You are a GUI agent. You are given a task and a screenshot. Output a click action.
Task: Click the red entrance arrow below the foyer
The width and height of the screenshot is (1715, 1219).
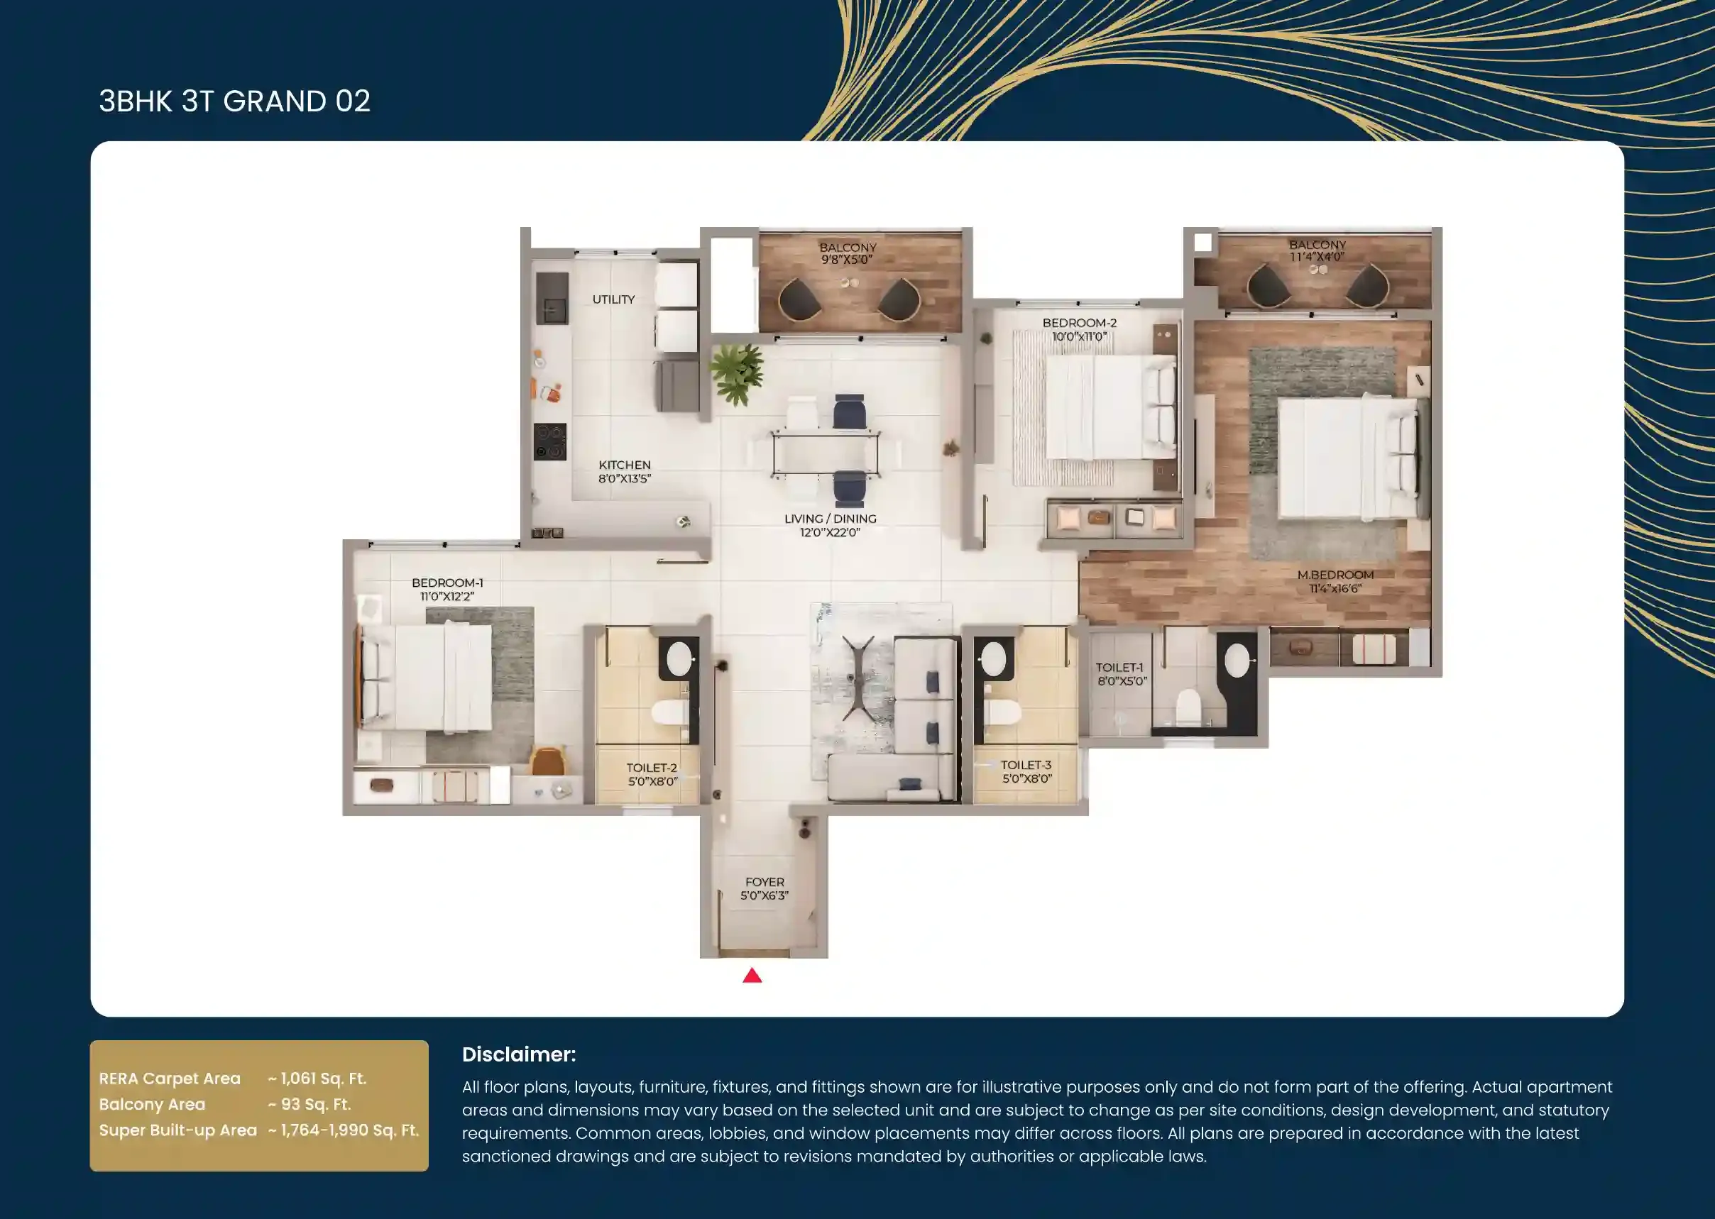(x=752, y=975)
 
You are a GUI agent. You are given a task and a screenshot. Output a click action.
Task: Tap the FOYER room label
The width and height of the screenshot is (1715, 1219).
(x=765, y=882)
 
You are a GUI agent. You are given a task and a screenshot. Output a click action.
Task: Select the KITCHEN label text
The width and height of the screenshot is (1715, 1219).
(x=624, y=465)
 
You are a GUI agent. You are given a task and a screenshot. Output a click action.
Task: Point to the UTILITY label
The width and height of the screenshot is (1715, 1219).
(x=613, y=299)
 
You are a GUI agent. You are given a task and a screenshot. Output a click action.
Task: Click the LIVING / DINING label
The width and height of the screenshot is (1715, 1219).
(x=830, y=519)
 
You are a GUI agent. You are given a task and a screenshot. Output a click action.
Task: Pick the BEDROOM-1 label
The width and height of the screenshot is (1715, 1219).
(x=447, y=583)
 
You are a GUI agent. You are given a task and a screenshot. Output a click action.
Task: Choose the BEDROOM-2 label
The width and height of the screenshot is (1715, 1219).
(x=1079, y=323)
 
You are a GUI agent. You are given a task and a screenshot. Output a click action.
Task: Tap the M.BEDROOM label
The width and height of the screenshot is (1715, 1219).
(x=1335, y=575)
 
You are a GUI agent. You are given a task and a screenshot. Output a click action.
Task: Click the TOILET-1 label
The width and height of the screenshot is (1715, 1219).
(x=1119, y=667)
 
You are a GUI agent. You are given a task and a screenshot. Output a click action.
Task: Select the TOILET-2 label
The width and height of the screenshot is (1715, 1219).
(x=652, y=768)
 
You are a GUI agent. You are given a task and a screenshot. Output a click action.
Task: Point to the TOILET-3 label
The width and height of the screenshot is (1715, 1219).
(x=1026, y=765)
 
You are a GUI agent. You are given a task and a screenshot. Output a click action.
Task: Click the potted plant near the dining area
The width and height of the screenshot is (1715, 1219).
(x=738, y=373)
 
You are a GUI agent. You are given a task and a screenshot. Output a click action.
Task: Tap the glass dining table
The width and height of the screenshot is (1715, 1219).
(x=826, y=453)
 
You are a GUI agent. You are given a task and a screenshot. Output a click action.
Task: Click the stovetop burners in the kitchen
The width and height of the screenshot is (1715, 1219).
(x=549, y=441)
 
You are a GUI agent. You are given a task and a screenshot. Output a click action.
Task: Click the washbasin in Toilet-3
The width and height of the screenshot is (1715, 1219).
(x=992, y=658)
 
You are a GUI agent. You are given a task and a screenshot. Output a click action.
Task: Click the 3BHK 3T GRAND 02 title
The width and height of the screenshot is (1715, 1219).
(x=235, y=101)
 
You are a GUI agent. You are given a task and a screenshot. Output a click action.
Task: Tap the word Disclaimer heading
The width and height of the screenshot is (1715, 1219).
(x=519, y=1054)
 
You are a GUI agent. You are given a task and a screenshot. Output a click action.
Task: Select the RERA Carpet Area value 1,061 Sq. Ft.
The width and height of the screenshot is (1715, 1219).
(x=317, y=1079)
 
